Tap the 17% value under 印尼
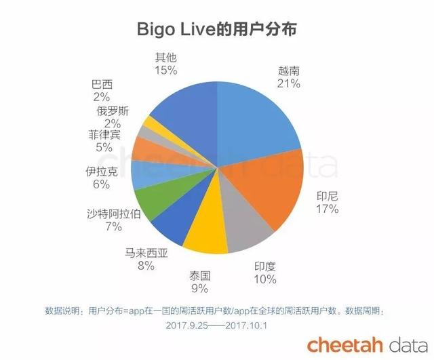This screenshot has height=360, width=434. (328, 209)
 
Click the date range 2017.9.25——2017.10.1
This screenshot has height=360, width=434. (216, 325)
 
